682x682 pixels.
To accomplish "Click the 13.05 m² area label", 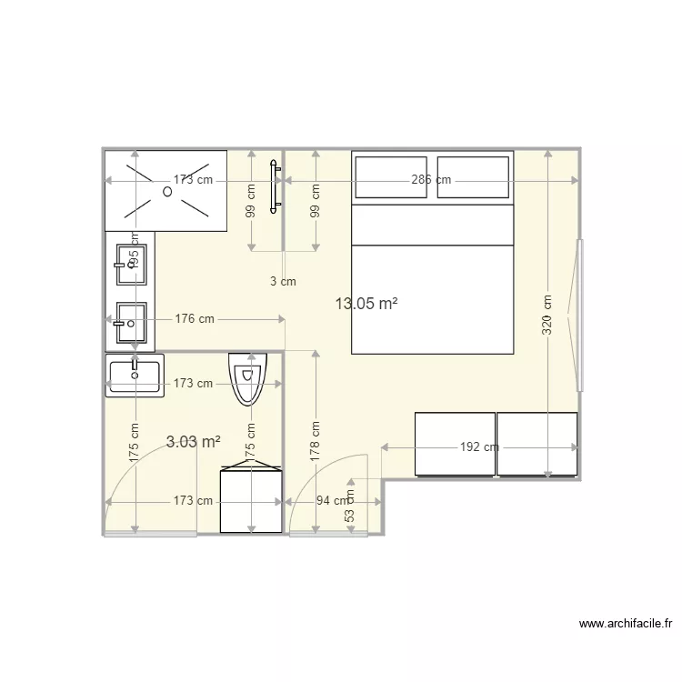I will point(366,304).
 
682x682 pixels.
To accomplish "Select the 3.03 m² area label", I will point(194,442).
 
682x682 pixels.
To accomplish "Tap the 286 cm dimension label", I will point(431,180).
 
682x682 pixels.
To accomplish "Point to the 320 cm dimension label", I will point(547,315).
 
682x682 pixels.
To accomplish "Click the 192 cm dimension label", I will point(479,447).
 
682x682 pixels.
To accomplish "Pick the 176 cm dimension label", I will point(194,319).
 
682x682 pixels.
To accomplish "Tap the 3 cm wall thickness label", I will point(283,282).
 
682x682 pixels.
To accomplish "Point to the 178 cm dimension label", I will point(316,442).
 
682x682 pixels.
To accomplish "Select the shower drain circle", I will point(167,191).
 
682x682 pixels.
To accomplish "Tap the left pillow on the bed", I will point(390,177).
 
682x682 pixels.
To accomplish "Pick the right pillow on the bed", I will point(473,177).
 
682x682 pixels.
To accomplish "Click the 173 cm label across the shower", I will point(193,180).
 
